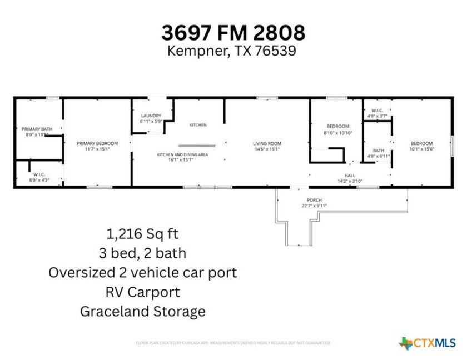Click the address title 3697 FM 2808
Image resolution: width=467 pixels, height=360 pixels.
tap(233, 32)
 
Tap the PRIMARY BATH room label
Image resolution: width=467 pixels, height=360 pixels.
tap(37, 129)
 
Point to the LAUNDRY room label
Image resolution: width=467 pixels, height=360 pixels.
tap(151, 116)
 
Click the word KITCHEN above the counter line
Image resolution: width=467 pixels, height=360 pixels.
tap(198, 125)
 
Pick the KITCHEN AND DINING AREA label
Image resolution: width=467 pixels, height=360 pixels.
tap(182, 154)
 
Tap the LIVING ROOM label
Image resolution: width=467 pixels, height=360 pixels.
tap(267, 143)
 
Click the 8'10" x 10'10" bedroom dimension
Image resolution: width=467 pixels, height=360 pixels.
tap(338, 133)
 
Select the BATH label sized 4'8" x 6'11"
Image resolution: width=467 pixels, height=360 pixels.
tap(379, 151)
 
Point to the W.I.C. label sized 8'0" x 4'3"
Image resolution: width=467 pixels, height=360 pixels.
tap(39, 174)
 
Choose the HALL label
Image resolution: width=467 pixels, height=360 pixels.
tap(350, 176)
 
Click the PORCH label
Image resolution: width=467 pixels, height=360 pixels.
tap(314, 200)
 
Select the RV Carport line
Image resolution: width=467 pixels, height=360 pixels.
tap(142, 292)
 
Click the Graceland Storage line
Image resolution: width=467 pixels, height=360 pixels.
tap(142, 311)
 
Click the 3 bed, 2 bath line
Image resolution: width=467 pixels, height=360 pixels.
tap(142, 253)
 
